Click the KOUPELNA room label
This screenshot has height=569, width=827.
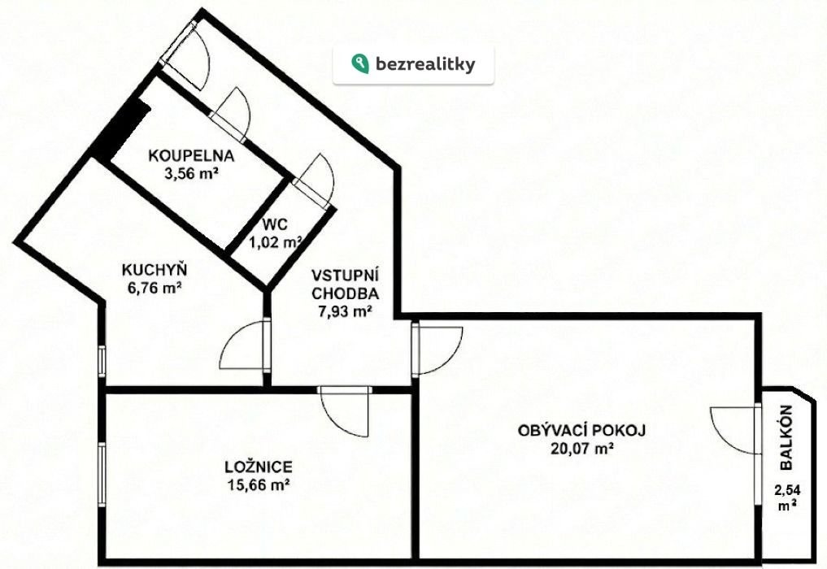coord(191,156)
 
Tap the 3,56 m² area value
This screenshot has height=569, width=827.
coord(191,174)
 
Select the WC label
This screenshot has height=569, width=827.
coord(276,225)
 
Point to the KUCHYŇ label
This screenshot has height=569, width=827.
coord(154,270)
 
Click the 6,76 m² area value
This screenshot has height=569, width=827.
coord(155,289)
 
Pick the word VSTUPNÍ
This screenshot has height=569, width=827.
coord(346,276)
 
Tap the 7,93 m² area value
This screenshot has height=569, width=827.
coord(346,311)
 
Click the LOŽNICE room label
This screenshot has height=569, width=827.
coord(259,467)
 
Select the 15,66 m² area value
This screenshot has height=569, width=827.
coord(259,484)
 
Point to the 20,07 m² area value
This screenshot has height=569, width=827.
coord(581,449)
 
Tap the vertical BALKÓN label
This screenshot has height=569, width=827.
coord(786,437)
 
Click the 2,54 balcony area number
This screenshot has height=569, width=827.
coord(787,490)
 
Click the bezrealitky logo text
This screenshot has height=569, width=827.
coord(425,64)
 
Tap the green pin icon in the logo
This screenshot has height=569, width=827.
coord(359,63)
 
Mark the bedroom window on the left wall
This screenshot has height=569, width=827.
coord(102,475)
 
